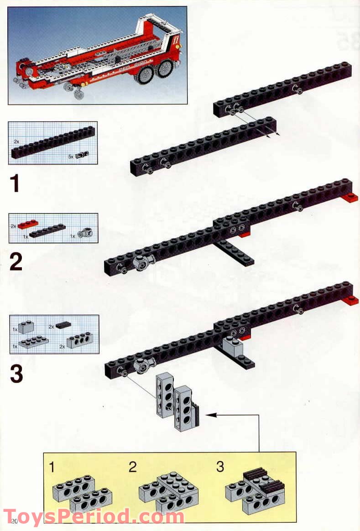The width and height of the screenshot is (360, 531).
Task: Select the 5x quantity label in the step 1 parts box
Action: [x=71, y=156]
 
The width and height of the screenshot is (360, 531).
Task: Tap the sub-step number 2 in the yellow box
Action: [x=132, y=467]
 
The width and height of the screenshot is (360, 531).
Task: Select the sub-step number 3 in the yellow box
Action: [x=220, y=467]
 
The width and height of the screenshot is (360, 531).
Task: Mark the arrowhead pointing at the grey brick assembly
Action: [x=210, y=415]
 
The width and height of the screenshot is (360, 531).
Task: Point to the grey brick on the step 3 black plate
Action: [x=232, y=347]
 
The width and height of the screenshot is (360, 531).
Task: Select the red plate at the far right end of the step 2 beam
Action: [x=350, y=197]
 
